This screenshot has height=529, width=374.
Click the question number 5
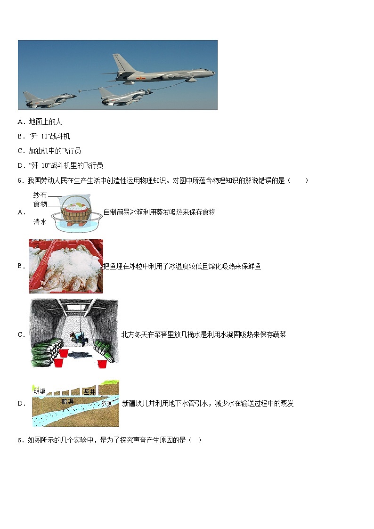[19, 180]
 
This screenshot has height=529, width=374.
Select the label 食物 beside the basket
[40, 204]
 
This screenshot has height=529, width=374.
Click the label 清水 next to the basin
[40, 221]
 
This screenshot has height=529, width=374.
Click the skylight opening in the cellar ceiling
[75, 308]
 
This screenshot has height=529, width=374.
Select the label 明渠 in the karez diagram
[40, 391]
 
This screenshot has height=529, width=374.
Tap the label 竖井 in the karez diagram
[89, 391]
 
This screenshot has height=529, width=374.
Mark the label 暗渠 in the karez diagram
[68, 401]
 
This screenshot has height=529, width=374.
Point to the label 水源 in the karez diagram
[106, 403]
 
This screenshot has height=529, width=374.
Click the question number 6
[19, 440]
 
